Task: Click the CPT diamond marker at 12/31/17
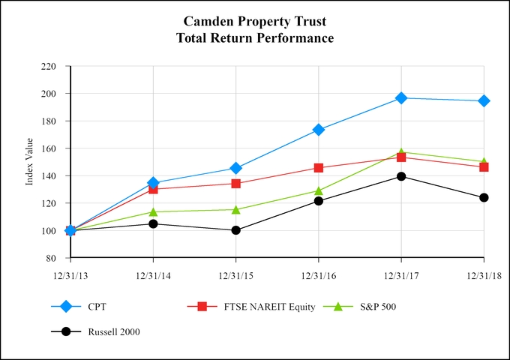pyautogui.click(x=401, y=98)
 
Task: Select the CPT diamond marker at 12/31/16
pyautogui.click(x=319, y=130)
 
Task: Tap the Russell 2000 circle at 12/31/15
pyautogui.click(x=236, y=230)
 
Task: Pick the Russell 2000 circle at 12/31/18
pyautogui.click(x=484, y=198)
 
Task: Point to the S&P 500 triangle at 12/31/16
pyautogui.click(x=319, y=190)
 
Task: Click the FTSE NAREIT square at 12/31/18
pyautogui.click(x=484, y=166)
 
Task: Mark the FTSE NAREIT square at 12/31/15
pyautogui.click(x=236, y=184)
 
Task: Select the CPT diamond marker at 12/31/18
pyautogui.click(x=484, y=100)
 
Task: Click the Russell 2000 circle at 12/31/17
pyautogui.click(x=401, y=176)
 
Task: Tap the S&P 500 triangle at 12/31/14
pyautogui.click(x=154, y=211)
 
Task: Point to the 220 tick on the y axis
pyautogui.click(x=48, y=67)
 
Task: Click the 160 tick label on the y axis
pyautogui.click(x=48, y=121)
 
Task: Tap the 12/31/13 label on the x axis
pyautogui.click(x=70, y=276)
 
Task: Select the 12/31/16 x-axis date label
pyautogui.click(x=319, y=276)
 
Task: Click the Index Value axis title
pyautogui.click(x=29, y=162)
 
